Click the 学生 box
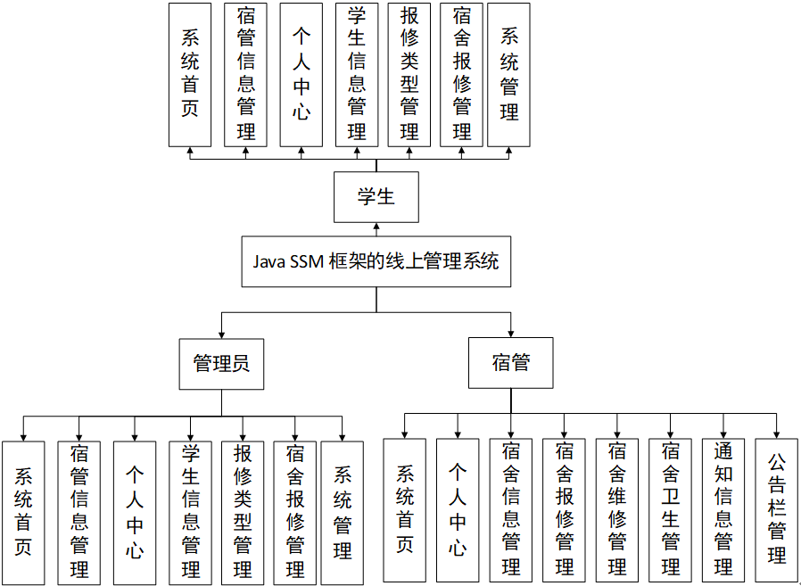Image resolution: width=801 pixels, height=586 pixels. point(376,197)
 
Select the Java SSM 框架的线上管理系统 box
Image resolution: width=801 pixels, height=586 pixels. point(376,261)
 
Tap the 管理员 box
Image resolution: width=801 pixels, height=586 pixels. point(221,364)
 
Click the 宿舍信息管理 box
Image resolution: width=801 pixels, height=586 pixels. point(510,510)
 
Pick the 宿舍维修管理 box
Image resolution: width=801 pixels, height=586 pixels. point(617,510)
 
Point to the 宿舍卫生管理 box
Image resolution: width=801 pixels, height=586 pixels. point(671,510)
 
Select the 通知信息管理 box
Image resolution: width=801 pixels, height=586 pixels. point(723,510)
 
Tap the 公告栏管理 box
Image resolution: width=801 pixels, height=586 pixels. point(777,510)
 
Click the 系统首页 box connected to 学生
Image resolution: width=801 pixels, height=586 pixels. point(190,74)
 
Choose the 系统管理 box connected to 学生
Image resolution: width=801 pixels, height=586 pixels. point(509,74)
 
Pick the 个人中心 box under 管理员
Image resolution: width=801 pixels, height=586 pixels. point(134,513)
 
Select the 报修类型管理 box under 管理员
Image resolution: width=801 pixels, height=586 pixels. point(243,513)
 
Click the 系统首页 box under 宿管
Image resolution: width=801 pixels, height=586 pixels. point(405,510)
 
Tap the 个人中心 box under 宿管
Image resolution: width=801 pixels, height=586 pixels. point(458,510)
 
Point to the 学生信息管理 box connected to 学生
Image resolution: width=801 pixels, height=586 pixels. point(357,74)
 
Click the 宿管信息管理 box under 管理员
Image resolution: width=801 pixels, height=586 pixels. point(78,513)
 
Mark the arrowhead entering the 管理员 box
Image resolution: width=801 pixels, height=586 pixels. point(221,334)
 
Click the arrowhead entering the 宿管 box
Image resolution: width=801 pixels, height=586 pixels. point(510,333)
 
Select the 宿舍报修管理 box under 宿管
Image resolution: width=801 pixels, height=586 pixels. point(564,510)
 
